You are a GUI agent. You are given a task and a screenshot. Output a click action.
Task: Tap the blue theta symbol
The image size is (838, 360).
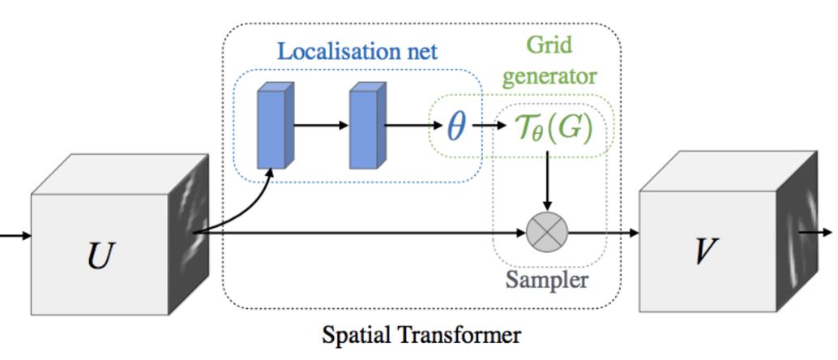click(456, 126)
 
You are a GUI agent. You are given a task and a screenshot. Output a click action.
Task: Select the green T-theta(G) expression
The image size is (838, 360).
click(554, 127)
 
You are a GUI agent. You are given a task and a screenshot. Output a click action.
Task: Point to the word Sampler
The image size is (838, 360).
click(546, 281)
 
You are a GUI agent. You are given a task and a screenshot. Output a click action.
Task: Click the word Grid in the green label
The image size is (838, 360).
click(549, 44)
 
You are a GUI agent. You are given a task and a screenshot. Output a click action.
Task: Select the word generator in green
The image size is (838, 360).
click(549, 76)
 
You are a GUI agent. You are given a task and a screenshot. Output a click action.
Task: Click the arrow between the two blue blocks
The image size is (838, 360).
click(321, 126)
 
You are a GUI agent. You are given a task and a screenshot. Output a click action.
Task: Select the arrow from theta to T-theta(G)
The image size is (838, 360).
click(489, 126)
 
